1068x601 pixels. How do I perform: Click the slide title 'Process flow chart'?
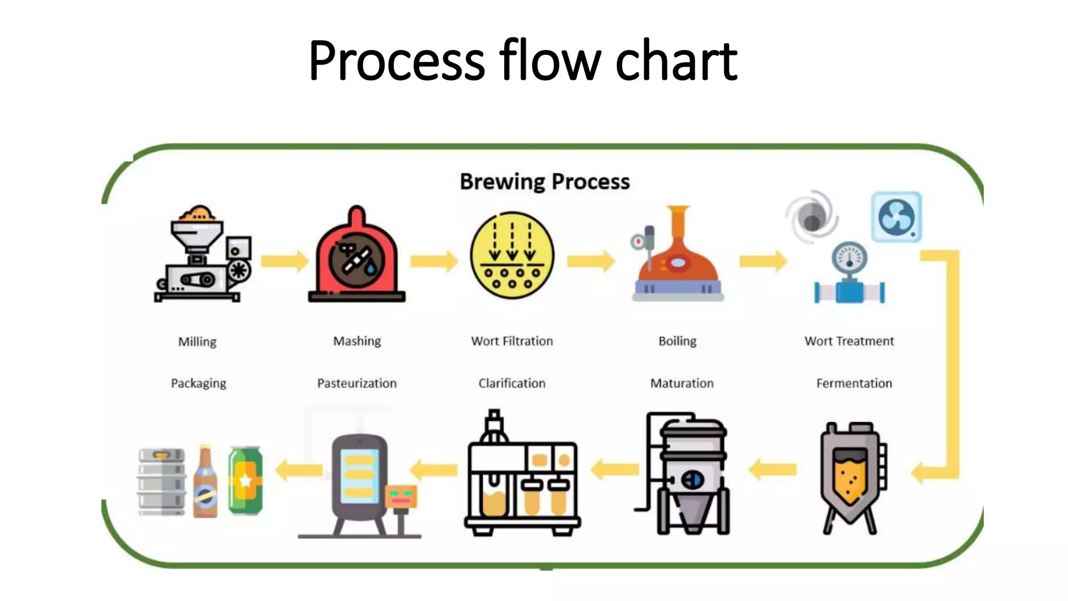[x=523, y=61]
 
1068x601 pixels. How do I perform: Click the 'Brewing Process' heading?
[x=544, y=182]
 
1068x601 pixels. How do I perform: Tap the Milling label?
[x=197, y=342]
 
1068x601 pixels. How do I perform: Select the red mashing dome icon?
[x=357, y=256]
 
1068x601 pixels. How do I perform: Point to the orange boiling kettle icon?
[x=677, y=256]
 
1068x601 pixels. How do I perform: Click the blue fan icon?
[x=896, y=217]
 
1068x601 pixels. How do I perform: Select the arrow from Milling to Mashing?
[x=284, y=261]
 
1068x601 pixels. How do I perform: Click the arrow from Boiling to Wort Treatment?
[x=763, y=261]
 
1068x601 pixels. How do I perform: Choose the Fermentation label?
[x=854, y=383]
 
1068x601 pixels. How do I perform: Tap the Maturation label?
[x=682, y=383]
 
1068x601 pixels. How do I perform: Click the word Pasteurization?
[x=357, y=383]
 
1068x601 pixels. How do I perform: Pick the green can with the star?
[x=245, y=480]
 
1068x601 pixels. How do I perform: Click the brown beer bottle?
[x=205, y=483]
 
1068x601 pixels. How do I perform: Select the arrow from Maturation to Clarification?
[x=615, y=470]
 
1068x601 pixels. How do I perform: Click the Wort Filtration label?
[x=512, y=341]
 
